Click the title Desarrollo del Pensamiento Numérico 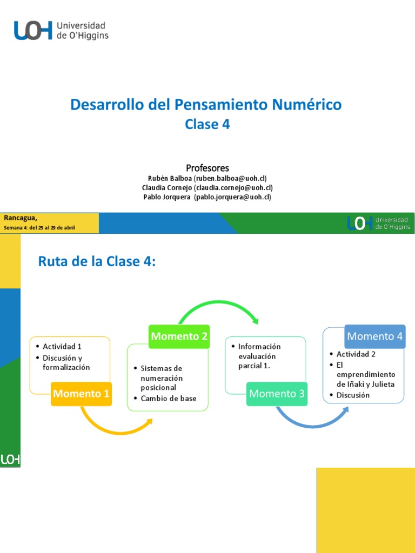(206, 104)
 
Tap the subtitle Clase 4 (207, 124)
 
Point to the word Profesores (207, 167)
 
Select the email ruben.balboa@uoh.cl (230, 178)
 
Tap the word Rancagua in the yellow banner (21, 218)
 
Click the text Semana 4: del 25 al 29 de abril (40, 228)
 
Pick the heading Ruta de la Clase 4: (97, 262)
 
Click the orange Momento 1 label (81, 394)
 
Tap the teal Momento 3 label (277, 394)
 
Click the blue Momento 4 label (374, 336)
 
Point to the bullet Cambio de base (168, 399)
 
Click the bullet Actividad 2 (356, 354)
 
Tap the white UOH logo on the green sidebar (10, 460)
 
